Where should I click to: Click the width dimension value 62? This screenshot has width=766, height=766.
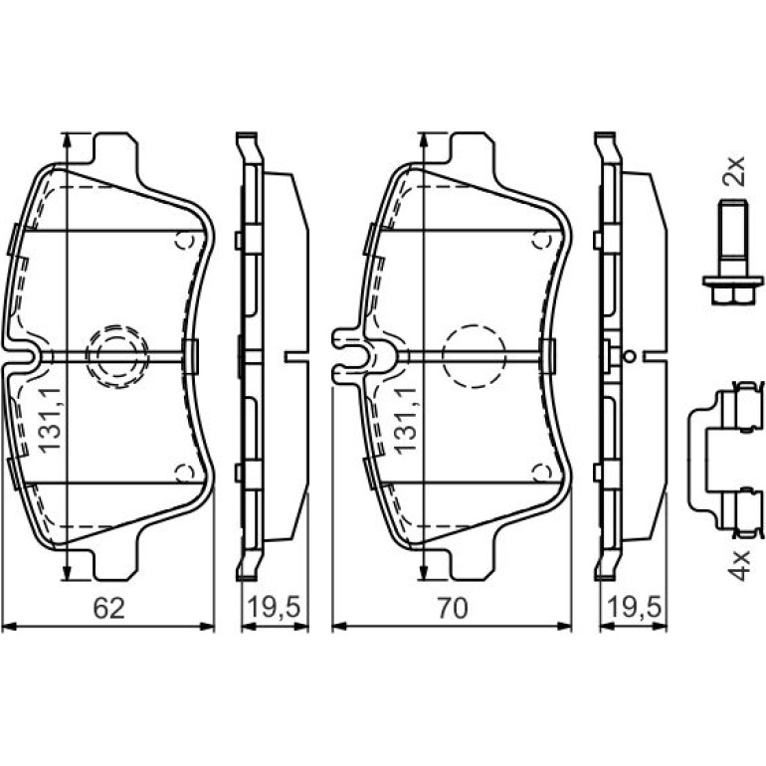(109, 608)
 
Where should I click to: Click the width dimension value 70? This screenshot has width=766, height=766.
(453, 608)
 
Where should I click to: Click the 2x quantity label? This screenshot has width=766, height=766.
(734, 170)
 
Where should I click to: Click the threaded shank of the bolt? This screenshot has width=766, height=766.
(732, 239)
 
